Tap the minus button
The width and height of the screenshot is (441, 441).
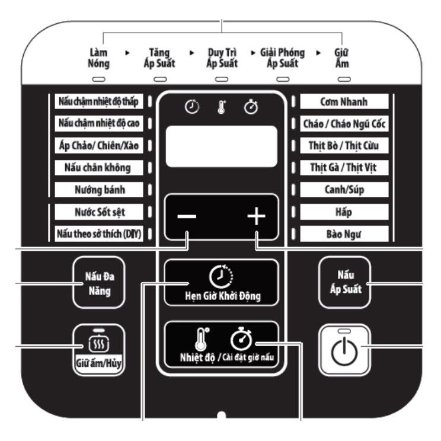(x=187, y=216)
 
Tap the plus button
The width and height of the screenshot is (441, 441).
(x=256, y=216)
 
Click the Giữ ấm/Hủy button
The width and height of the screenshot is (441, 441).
(x=99, y=350)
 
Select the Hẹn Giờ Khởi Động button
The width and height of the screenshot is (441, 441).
(x=221, y=283)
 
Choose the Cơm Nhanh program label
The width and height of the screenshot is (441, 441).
(x=344, y=101)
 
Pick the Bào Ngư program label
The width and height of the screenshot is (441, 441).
(x=344, y=234)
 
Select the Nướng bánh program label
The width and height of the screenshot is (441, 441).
(x=99, y=190)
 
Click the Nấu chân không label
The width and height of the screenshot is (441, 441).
(x=99, y=168)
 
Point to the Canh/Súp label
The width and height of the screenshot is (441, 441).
(x=344, y=190)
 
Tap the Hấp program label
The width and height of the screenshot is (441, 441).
(x=344, y=212)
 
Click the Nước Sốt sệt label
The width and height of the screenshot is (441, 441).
(x=99, y=212)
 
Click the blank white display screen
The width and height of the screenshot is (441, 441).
(x=222, y=146)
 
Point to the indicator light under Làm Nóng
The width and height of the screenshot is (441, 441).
(x=99, y=79)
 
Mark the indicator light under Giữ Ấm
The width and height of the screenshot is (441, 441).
(x=344, y=79)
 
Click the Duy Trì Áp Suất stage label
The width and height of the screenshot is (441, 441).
(x=222, y=58)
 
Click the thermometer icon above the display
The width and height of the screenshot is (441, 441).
(x=222, y=107)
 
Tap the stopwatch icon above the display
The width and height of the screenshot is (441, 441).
(x=251, y=107)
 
